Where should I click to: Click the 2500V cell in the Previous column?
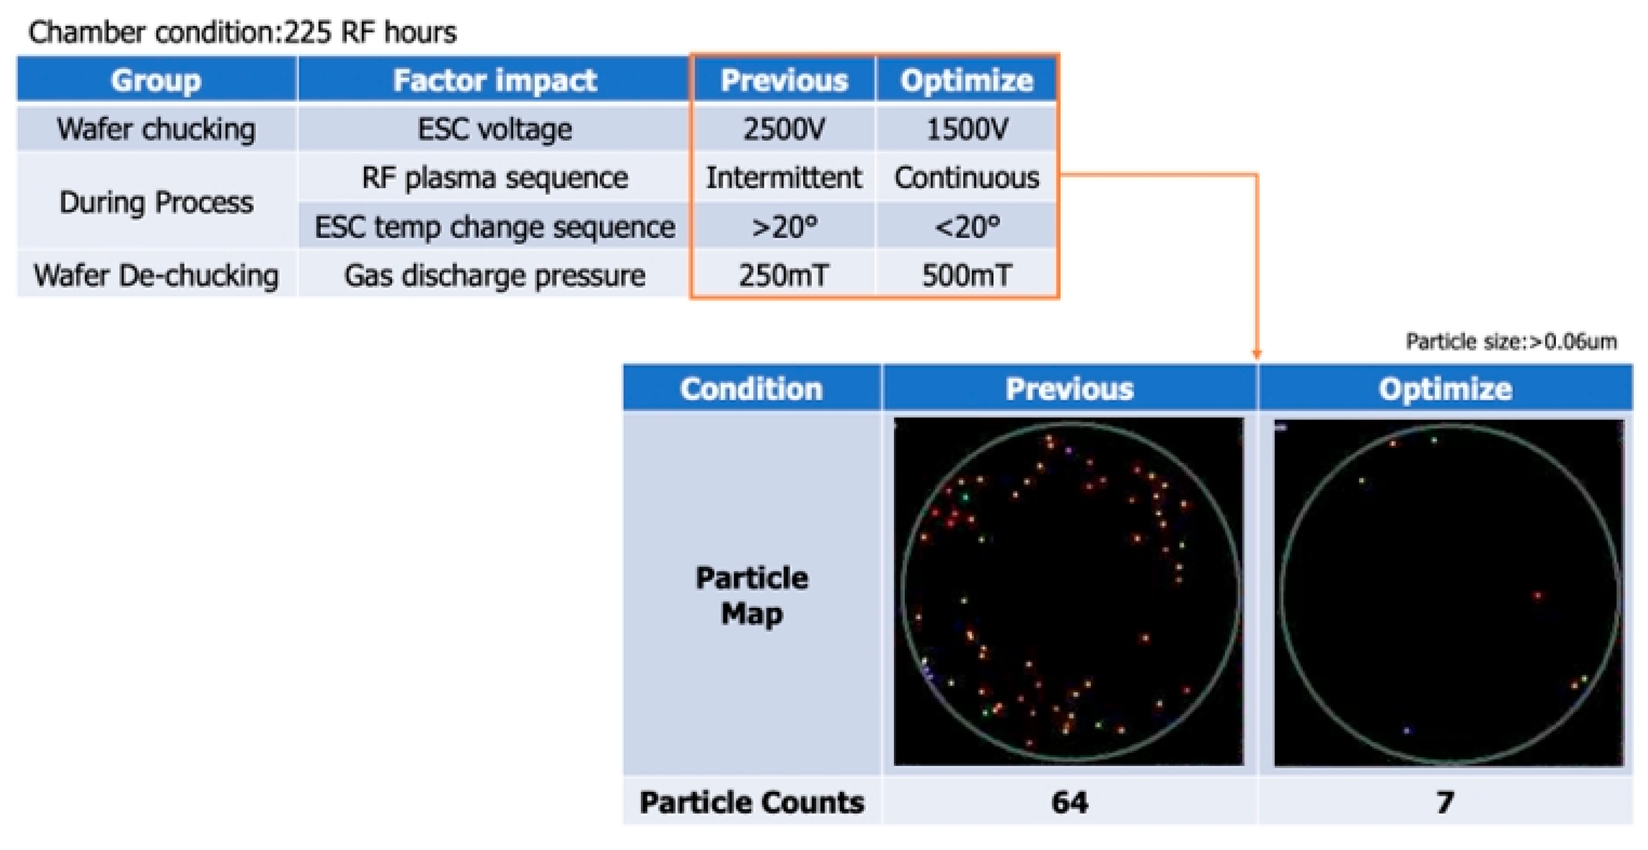pos(784,129)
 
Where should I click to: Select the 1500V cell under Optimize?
pos(966,129)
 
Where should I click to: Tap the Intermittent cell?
pos(784,177)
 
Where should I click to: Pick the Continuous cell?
pos(966,177)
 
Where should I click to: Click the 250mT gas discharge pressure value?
pos(784,275)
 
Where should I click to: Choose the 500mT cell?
pos(966,275)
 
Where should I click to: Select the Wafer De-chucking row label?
pos(156,275)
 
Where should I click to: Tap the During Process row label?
pos(156,202)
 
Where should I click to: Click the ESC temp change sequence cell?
pos(494,226)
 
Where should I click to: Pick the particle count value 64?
pos(1070,802)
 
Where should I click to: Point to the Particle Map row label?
pos(752,595)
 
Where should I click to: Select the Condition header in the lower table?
pos(751,389)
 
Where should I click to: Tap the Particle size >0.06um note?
pos(1511,342)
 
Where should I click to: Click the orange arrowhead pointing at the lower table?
pos(1256,354)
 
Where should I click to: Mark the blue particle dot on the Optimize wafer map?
pos(1406,730)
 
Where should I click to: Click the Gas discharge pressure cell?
pos(494,275)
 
